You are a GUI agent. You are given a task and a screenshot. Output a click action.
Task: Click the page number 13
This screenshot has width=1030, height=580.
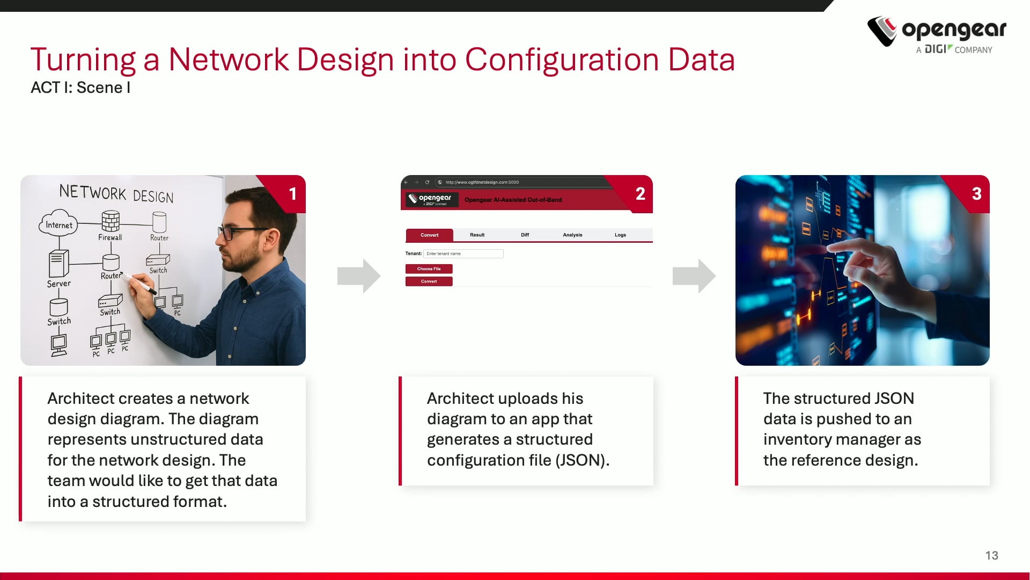(991, 555)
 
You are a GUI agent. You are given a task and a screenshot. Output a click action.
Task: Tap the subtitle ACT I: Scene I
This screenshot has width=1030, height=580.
(80, 88)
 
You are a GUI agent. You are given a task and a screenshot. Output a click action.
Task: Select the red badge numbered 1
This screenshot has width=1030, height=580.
(292, 194)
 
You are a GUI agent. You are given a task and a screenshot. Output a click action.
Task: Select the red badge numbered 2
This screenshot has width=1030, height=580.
(640, 194)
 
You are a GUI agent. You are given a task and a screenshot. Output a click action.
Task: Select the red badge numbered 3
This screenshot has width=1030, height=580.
(976, 194)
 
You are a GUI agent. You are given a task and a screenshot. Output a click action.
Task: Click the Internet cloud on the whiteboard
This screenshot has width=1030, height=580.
(58, 224)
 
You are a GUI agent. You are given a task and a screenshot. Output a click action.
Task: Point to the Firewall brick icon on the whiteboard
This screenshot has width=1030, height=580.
(111, 221)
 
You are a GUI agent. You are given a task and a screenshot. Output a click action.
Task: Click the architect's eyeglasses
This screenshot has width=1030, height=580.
(236, 233)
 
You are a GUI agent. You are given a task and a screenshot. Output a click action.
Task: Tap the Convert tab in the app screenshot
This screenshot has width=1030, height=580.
(429, 235)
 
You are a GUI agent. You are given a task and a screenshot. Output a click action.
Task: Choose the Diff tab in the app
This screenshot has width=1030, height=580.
(525, 235)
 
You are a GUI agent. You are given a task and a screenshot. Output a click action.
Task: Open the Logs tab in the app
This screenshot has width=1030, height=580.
(620, 235)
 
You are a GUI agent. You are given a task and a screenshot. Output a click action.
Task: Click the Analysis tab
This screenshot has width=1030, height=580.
(572, 235)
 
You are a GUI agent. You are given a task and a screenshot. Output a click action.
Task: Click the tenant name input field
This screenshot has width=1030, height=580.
(463, 253)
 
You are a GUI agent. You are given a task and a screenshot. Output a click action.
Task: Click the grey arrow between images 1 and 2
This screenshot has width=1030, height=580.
(358, 276)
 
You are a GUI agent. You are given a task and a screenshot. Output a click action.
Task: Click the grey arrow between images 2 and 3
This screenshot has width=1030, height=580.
(694, 276)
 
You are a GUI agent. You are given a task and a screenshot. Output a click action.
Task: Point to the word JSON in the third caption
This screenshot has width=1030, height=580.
(894, 398)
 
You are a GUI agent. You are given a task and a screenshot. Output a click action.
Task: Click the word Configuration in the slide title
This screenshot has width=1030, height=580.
(562, 60)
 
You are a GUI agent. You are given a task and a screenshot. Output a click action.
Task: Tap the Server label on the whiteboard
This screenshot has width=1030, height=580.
(58, 284)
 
